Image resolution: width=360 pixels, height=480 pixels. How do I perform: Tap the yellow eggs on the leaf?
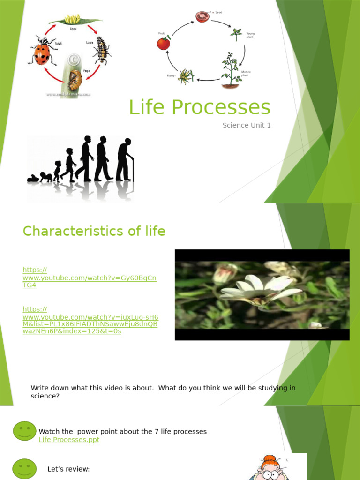[72, 19]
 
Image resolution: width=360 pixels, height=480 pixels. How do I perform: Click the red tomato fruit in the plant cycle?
[163, 44]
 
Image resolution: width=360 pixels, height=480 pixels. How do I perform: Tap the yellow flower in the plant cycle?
[186, 76]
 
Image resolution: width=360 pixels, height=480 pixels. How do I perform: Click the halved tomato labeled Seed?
[202, 17]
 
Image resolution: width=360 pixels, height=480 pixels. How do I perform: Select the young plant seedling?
[236, 34]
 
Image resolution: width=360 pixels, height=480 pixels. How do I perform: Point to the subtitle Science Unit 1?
[246, 125]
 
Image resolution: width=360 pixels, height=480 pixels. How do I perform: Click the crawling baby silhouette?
[33, 178]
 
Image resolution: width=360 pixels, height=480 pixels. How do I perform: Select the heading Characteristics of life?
[94, 231]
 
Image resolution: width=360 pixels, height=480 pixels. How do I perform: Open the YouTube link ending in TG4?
[89, 277]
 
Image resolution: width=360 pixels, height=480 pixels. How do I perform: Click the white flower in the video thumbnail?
[260, 288]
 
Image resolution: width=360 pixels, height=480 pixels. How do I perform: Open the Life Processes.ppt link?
[69, 440]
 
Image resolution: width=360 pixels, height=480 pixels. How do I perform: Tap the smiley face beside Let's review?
[24, 469]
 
